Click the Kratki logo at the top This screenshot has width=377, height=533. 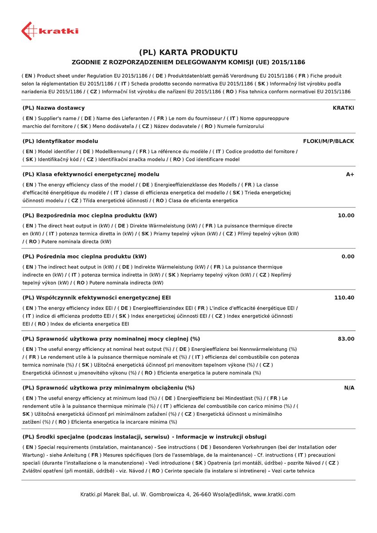coord(50,31)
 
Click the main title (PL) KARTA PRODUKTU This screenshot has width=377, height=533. coord(188,52)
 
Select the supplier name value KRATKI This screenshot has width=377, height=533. coord(343,108)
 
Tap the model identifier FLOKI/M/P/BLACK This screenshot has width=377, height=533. coord(329,141)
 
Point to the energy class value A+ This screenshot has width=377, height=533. coord(350,175)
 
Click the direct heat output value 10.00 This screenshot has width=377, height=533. coord(346,215)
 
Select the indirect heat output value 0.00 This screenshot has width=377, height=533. coord(348,257)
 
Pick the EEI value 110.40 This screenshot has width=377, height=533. coord(344,298)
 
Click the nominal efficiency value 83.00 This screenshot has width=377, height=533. coord(346,339)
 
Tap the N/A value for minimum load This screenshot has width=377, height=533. coord(349,388)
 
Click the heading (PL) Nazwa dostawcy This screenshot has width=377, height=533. coord(53,108)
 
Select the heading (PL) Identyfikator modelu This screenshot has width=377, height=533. coord(60,141)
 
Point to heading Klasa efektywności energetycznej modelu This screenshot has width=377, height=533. coord(91,175)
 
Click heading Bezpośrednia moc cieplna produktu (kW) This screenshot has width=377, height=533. coord(89,215)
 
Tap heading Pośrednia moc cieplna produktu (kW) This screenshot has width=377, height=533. coord(84,257)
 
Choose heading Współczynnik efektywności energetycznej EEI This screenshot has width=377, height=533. coord(96,298)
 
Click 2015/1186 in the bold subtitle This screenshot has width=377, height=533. coord(287,63)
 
